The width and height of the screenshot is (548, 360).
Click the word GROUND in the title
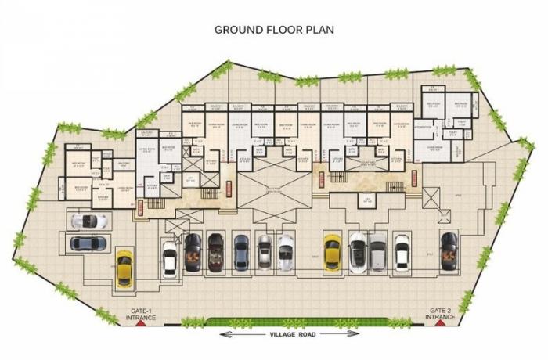pos(239,29)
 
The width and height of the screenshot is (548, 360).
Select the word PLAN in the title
pos(321,29)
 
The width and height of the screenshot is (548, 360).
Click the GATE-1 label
pos(141,311)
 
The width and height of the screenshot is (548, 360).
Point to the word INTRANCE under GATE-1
pos(141,318)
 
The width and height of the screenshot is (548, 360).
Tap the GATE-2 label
pos(438,311)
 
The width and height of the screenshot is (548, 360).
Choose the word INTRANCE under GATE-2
pos(438,318)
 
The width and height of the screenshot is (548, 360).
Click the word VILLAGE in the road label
pos(285,334)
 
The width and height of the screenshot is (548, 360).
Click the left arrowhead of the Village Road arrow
pos(222,334)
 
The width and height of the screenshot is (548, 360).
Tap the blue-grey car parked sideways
pos(88,243)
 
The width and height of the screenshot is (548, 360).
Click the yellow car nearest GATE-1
pos(124,268)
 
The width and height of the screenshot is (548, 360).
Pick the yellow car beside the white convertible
pos(332,252)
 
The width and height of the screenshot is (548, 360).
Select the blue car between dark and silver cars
pos(240,252)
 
